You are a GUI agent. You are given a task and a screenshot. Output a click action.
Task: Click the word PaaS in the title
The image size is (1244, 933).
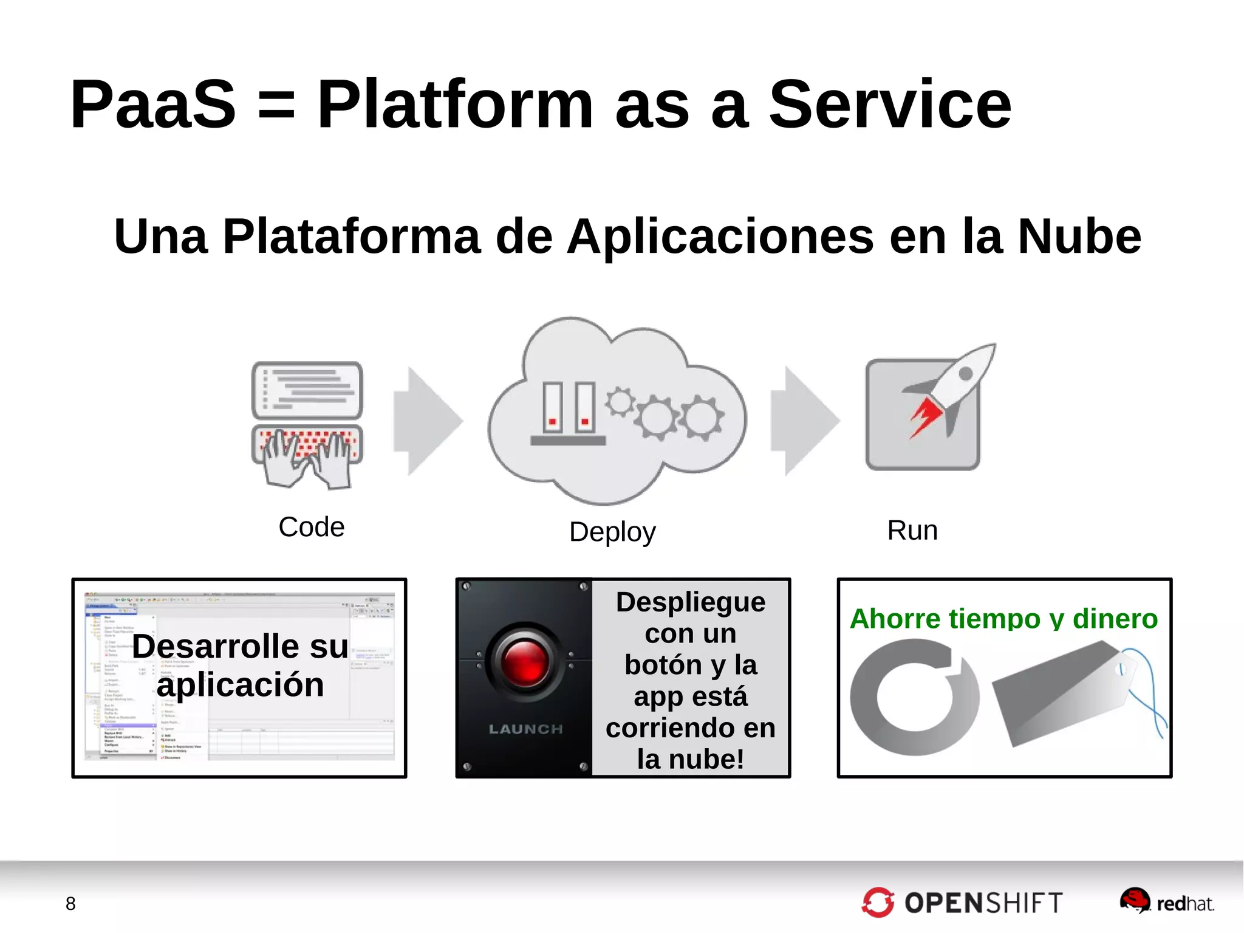[x=153, y=105]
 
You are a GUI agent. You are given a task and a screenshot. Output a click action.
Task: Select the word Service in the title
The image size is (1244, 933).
[x=890, y=105]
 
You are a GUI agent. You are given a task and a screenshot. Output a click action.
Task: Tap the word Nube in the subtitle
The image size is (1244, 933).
[x=1079, y=236]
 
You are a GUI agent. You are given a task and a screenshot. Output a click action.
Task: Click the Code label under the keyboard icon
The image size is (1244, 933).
[x=311, y=527]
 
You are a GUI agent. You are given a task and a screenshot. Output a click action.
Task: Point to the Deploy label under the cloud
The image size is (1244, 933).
[x=612, y=532]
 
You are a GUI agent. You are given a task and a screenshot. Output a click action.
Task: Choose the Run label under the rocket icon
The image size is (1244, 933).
[x=912, y=531]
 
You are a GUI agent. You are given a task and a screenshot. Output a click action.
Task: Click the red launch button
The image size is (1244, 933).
[x=526, y=662]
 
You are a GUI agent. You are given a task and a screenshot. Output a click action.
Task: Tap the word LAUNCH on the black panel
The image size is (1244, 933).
[x=526, y=729]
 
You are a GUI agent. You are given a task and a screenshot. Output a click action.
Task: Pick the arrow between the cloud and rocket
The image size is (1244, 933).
[x=804, y=421]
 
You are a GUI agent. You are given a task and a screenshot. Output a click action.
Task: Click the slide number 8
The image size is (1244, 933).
[x=70, y=904]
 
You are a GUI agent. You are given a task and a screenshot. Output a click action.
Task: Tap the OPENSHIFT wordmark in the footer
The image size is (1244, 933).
[x=983, y=903]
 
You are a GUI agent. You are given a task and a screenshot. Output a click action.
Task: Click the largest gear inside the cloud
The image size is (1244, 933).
[x=657, y=418]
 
